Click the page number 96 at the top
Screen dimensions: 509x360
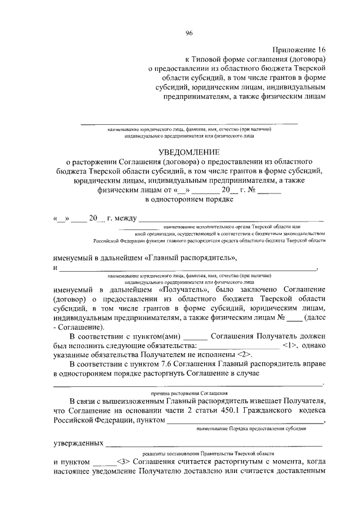[x=189, y=33]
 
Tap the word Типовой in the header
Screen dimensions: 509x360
[x=209, y=59]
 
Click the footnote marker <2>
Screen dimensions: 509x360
[x=244, y=355]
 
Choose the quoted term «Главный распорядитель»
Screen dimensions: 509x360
[x=191, y=258]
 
